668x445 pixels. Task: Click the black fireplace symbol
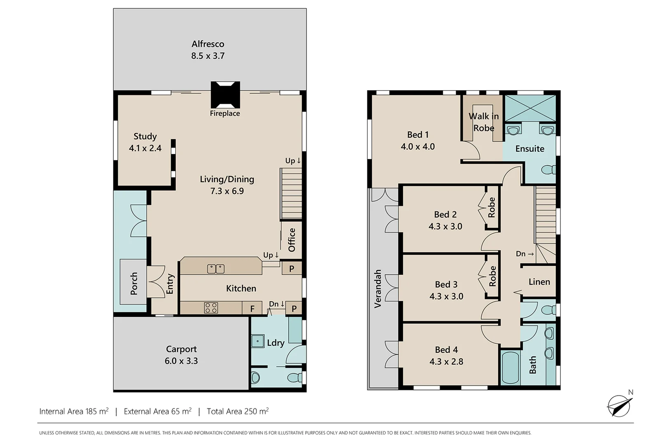pyautogui.click(x=225, y=94)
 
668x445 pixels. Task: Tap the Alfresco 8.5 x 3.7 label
pyautogui.click(x=208, y=50)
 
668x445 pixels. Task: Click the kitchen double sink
pyautogui.click(x=216, y=269)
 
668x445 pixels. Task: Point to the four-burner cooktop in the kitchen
pyautogui.click(x=211, y=307)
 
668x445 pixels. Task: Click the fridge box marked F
pyautogui.click(x=252, y=308)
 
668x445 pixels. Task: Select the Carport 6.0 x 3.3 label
pyautogui.click(x=181, y=355)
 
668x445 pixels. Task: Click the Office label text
pyautogui.click(x=292, y=240)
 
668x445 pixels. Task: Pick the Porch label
pyautogui.click(x=134, y=283)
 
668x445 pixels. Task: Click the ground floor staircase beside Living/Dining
pyautogui.click(x=292, y=195)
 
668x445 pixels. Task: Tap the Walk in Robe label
pyautogui.click(x=484, y=122)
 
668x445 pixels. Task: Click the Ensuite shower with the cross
pyautogui.click(x=530, y=108)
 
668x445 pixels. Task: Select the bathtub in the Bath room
pyautogui.click(x=510, y=368)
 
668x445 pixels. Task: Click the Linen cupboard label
pyautogui.click(x=539, y=282)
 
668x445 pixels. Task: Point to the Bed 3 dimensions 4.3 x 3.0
pyautogui.click(x=446, y=296)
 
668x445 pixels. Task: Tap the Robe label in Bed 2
pyautogui.click(x=492, y=207)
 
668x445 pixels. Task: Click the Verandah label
pyautogui.click(x=378, y=289)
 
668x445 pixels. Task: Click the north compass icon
pyautogui.click(x=619, y=405)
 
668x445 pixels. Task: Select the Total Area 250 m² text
pyautogui.click(x=238, y=411)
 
